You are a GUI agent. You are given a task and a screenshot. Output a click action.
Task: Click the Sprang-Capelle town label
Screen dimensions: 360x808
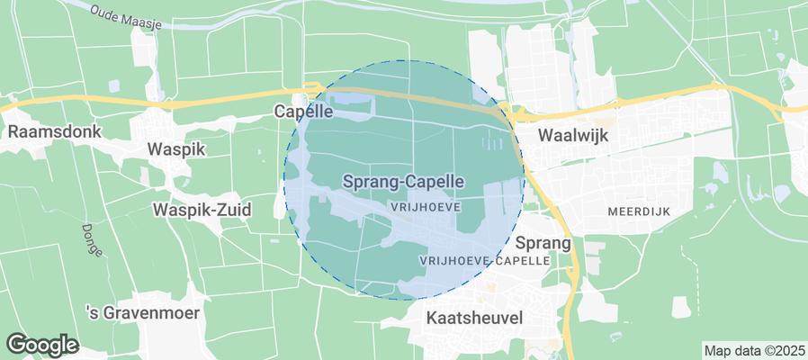pos(403,181)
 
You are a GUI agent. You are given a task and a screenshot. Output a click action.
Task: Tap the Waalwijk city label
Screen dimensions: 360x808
pos(573,136)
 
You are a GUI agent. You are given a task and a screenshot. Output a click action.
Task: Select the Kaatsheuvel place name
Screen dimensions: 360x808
pos(474,318)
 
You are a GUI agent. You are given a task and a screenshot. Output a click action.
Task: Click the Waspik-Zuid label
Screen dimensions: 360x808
pos(202,210)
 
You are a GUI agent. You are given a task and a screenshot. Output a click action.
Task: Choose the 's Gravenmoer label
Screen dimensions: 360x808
pos(141,313)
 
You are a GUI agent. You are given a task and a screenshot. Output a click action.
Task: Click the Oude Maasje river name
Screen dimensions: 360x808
pos(126,15)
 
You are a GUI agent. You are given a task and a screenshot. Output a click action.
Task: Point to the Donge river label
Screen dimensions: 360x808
pos(91,239)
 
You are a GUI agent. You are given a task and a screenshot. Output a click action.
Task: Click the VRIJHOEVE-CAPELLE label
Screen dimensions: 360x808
pos(484,259)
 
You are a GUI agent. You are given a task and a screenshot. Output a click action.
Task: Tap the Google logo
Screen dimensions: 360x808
pos(42,344)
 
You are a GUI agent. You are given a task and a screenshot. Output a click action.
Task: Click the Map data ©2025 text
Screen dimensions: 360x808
pos(753,350)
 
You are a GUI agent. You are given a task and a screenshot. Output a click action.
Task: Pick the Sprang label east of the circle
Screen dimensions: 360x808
pos(543,243)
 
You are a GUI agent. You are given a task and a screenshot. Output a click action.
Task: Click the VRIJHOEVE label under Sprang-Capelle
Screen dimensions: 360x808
pos(427,206)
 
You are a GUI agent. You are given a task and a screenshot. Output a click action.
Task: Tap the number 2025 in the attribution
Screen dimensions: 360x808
pos(789,350)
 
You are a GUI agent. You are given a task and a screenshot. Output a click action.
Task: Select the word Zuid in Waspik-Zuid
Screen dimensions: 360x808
pos(232,210)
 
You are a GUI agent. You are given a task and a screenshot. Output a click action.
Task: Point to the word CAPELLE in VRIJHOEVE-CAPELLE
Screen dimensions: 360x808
pos(520,259)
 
